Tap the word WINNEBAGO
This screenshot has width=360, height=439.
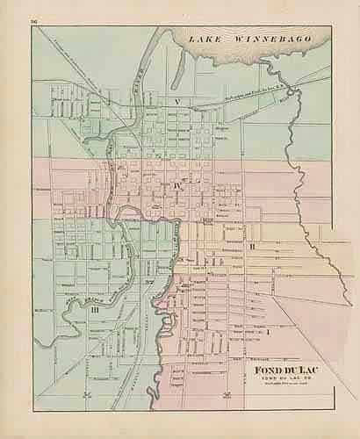[263, 40]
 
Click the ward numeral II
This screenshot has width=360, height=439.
[252, 247]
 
